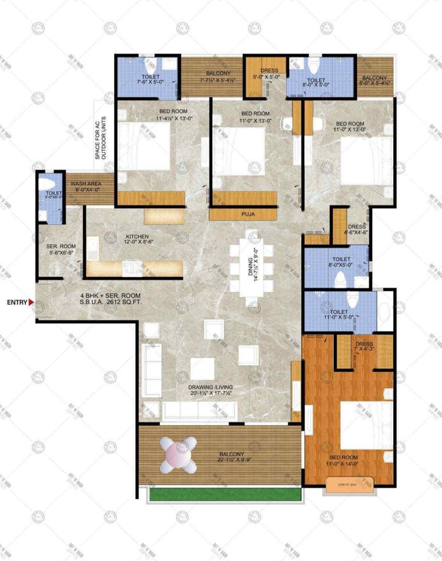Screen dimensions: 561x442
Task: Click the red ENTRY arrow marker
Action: [x=31, y=302]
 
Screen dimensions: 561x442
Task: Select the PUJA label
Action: [x=248, y=214]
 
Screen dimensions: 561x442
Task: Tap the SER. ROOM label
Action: [x=62, y=249]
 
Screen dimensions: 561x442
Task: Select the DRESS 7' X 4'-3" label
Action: [x=363, y=346]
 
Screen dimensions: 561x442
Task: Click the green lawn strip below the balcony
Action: [x=224, y=493]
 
